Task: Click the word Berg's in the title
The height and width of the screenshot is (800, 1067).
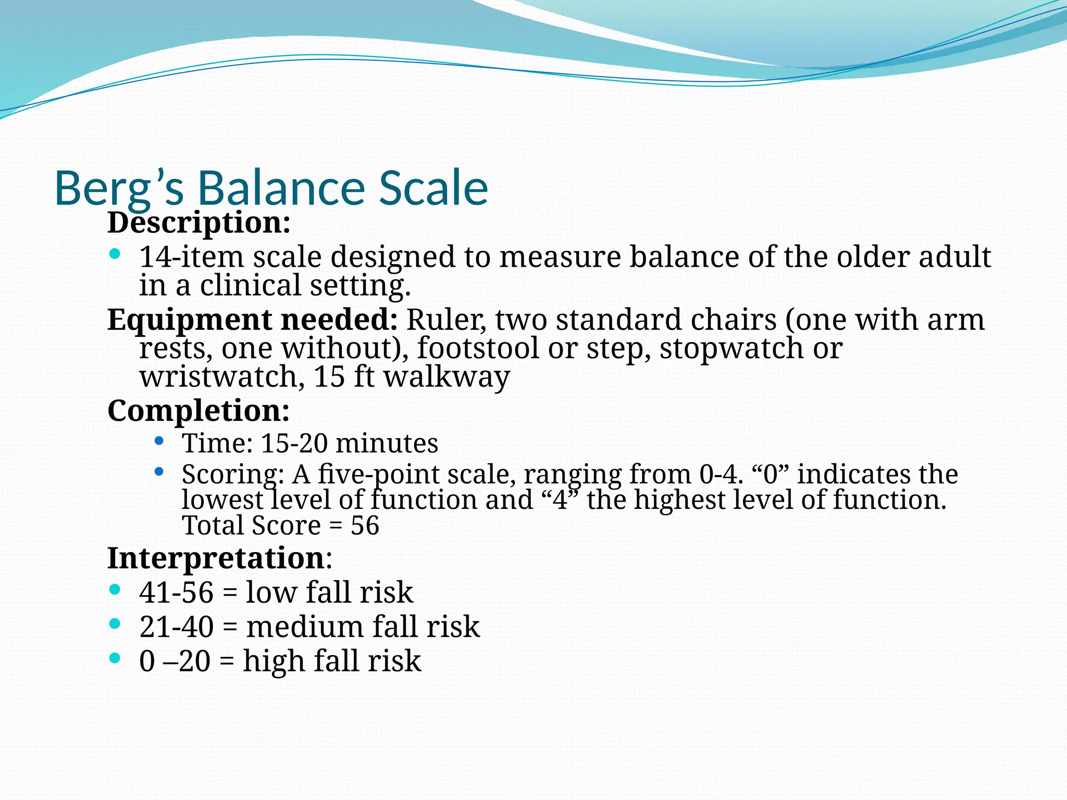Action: tap(119, 189)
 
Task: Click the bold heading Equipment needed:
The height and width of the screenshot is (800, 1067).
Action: tap(252, 320)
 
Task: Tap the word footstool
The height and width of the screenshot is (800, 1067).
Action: tap(478, 348)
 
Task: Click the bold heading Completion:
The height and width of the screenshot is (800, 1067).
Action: tap(198, 411)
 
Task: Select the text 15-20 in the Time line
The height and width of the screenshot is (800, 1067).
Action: tap(294, 444)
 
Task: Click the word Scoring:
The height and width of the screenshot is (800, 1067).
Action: tap(233, 474)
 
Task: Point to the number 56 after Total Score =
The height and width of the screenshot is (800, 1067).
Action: tap(365, 526)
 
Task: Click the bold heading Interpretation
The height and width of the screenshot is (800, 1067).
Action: tap(216, 558)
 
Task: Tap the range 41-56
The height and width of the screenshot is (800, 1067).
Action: tap(176, 593)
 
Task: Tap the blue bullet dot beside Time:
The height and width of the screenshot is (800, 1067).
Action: tap(159, 442)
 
